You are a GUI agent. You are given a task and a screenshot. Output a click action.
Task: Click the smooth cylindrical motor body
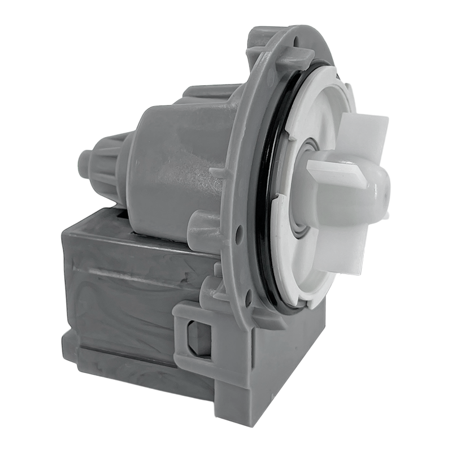[169, 169]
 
